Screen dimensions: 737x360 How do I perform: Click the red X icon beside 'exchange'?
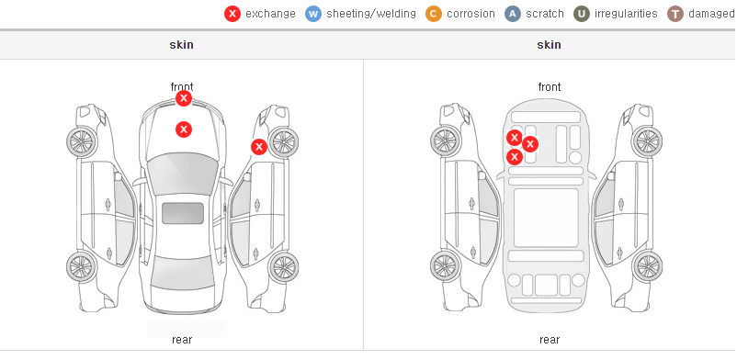point(232,14)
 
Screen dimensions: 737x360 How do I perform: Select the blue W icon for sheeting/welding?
point(313,14)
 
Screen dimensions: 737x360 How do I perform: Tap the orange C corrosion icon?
point(434,14)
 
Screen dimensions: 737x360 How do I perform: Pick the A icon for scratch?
point(513,14)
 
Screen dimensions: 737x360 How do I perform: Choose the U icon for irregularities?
point(582,14)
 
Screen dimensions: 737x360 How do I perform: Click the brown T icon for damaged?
point(675,14)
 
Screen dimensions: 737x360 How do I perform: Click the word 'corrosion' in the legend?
point(471,14)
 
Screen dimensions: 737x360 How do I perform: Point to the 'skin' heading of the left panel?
point(181,45)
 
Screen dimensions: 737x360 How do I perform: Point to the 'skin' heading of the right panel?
point(549,45)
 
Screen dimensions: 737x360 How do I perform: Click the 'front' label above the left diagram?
point(182,87)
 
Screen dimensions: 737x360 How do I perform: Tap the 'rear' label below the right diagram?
point(550,340)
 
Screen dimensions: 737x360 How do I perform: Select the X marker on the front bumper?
point(184,98)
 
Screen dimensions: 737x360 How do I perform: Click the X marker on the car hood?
point(184,129)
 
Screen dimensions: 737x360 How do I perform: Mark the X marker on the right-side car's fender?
point(259,147)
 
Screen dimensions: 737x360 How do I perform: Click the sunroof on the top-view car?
point(183,213)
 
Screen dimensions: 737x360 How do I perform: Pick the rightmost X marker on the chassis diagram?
point(530,144)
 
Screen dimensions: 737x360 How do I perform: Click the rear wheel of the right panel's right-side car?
point(648,267)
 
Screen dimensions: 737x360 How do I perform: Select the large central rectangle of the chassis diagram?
point(546,218)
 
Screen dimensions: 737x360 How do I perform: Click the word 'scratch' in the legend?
point(545,14)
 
